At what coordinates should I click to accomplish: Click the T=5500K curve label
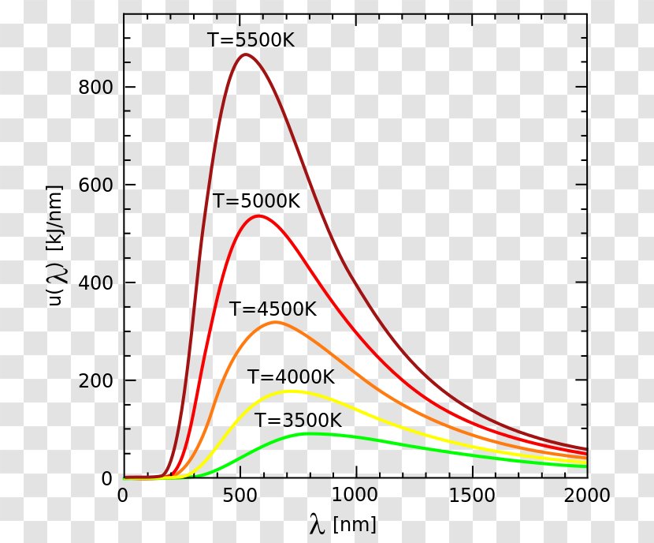tap(251, 39)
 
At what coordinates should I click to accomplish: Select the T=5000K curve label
tap(256, 201)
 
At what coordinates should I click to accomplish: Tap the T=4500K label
tap(273, 309)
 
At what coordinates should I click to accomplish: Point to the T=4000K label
tap(291, 377)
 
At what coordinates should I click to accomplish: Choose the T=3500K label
tap(298, 420)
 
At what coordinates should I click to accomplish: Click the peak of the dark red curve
tap(245, 54)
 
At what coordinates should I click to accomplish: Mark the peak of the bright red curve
tap(258, 215)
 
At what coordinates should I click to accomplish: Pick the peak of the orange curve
tap(274, 322)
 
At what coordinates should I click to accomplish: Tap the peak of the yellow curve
tap(291, 391)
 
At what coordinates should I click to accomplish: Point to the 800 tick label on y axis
tap(95, 87)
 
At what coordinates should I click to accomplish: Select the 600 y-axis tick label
tap(95, 185)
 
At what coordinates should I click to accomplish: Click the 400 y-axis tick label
tap(95, 283)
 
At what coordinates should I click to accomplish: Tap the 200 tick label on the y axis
tap(95, 380)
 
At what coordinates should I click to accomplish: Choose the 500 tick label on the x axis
tap(239, 495)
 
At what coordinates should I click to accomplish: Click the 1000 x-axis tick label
tap(355, 495)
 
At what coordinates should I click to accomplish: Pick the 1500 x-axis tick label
tap(472, 495)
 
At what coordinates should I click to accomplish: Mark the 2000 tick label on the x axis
tap(588, 495)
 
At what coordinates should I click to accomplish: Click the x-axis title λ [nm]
tap(343, 524)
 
